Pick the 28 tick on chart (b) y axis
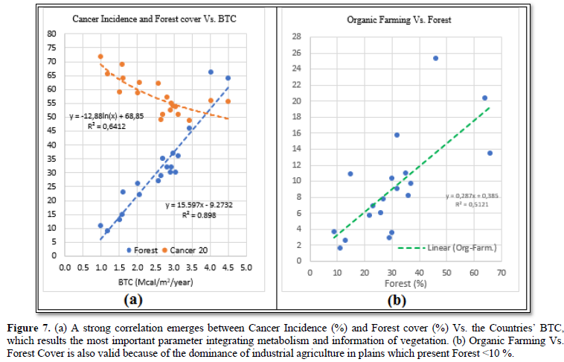[x=296, y=36]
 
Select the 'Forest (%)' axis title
[x=406, y=284]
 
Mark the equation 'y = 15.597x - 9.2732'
[x=196, y=203]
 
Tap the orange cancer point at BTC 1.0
[x=100, y=57]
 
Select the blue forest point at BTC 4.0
[x=211, y=72]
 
